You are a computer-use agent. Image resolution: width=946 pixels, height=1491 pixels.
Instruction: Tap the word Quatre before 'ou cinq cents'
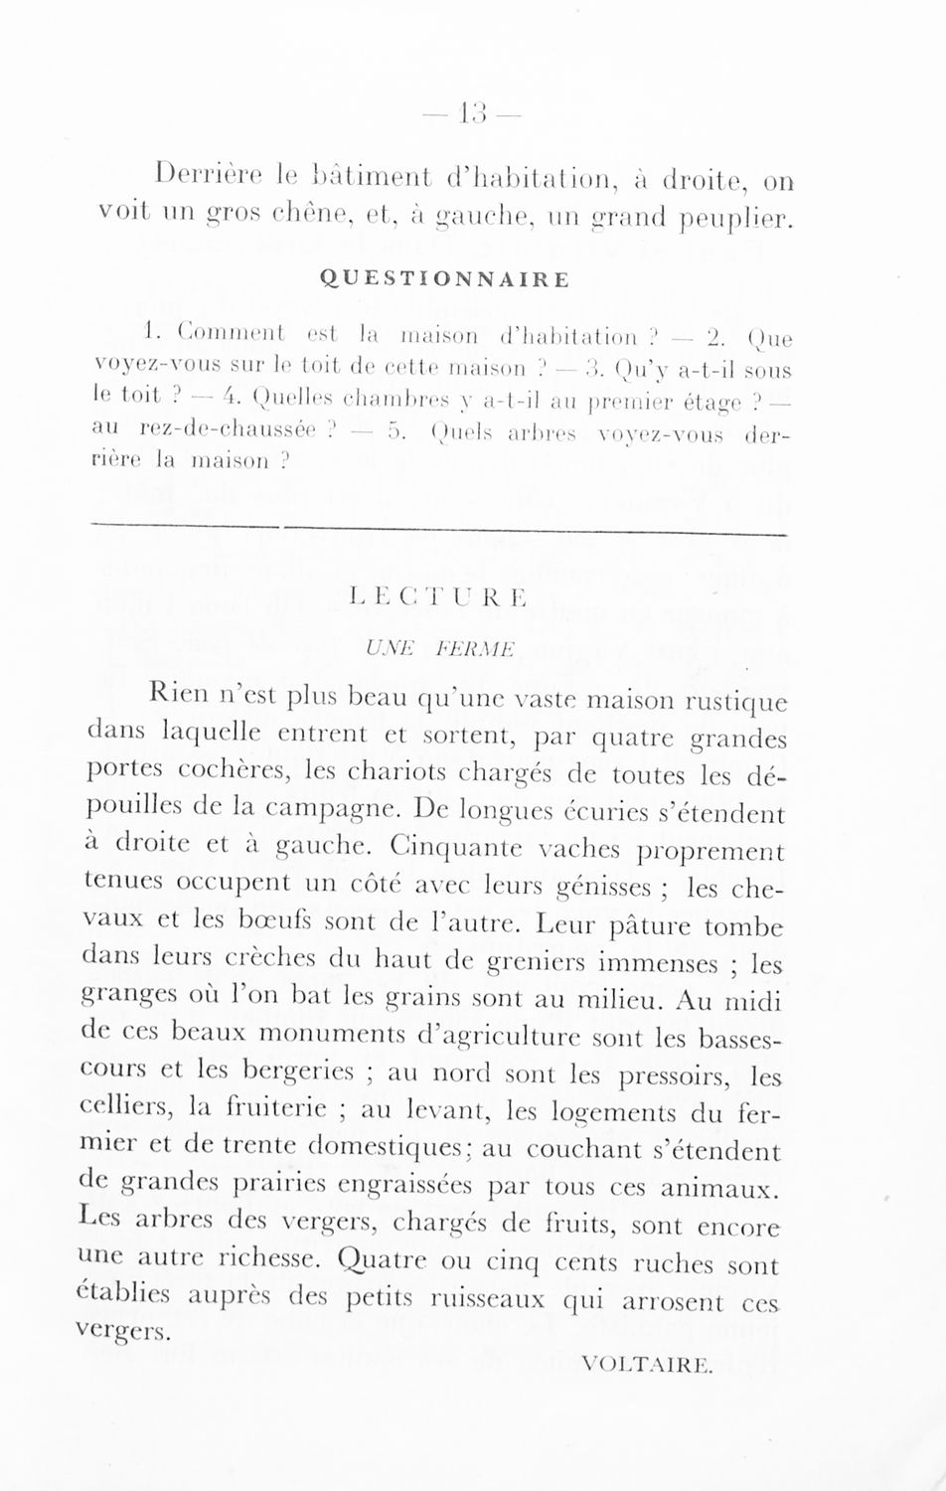pos(380,1263)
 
